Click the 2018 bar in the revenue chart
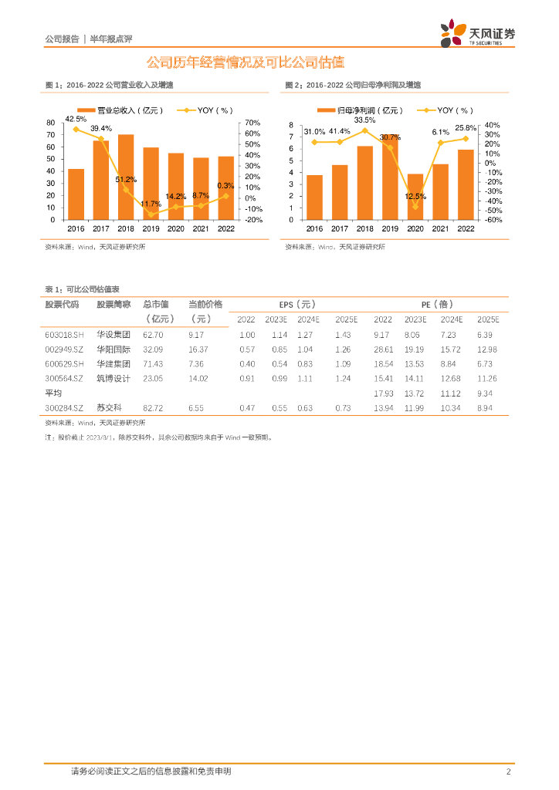pyautogui.click(x=126, y=177)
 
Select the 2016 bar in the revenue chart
pyautogui.click(x=76, y=194)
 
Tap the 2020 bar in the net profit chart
pyautogui.click(x=415, y=197)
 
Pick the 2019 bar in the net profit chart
pyautogui.click(x=390, y=177)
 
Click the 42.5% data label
pyautogui.click(x=76, y=119)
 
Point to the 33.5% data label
pyautogui.click(x=365, y=120)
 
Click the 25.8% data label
pyautogui.click(x=465, y=127)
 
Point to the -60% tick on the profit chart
pyautogui.click(x=493, y=220)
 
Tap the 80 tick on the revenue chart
pyautogui.click(x=51, y=123)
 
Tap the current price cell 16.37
pyautogui.click(x=198, y=349)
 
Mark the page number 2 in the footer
pyautogui.click(x=508, y=771)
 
